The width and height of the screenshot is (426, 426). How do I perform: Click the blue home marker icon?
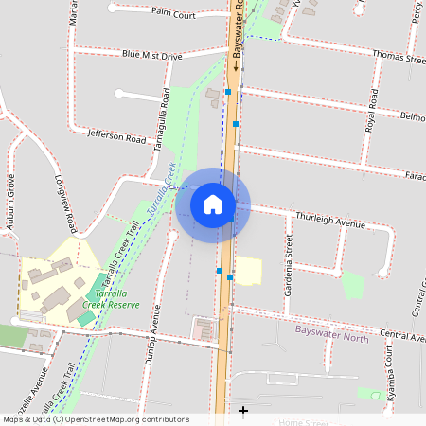[213, 204]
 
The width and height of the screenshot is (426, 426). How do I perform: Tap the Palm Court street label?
[172, 15]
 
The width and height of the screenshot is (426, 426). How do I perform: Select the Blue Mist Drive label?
[151, 56]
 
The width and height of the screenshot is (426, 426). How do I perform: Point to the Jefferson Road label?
[116, 138]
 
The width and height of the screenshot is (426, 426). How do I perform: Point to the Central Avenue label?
[401, 335]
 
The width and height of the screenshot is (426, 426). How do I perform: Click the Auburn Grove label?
[11, 203]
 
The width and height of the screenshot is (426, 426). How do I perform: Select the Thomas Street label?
[399, 58]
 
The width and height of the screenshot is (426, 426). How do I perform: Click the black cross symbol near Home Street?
[244, 410]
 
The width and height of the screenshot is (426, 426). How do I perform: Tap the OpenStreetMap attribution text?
[95, 419]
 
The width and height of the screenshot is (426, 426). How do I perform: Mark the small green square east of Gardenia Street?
[352, 284]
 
